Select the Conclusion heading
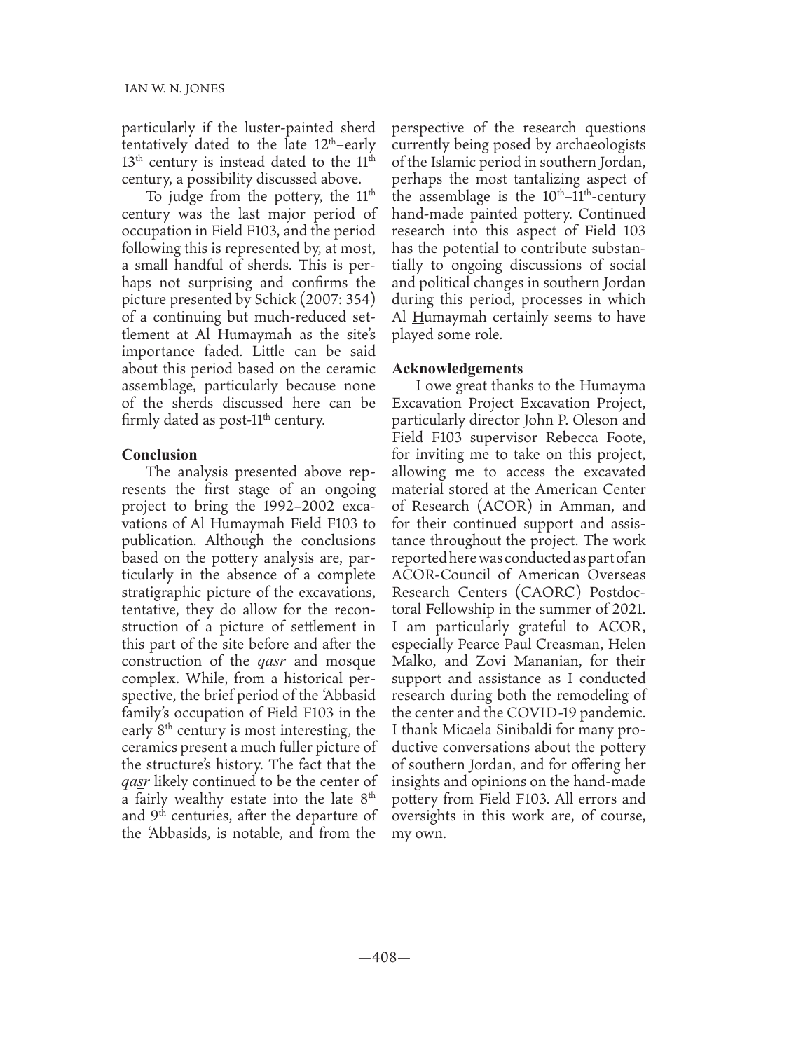pyautogui.click(x=160, y=454)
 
